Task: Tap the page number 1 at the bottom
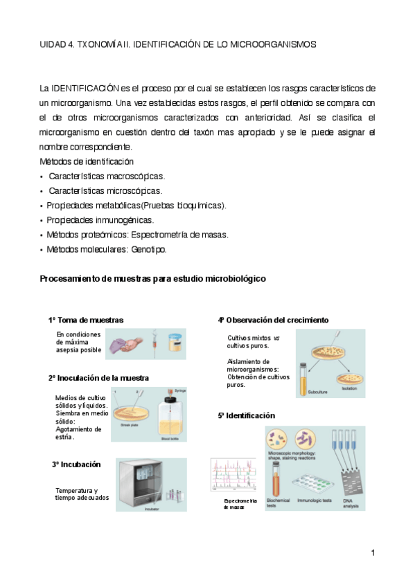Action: tap(373, 552)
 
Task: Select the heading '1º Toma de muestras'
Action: tap(86, 320)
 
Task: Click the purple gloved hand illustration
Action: tap(126, 343)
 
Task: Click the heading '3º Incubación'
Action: tap(76, 464)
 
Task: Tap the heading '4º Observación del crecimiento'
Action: tap(273, 320)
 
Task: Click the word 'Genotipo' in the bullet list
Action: tap(148, 249)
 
